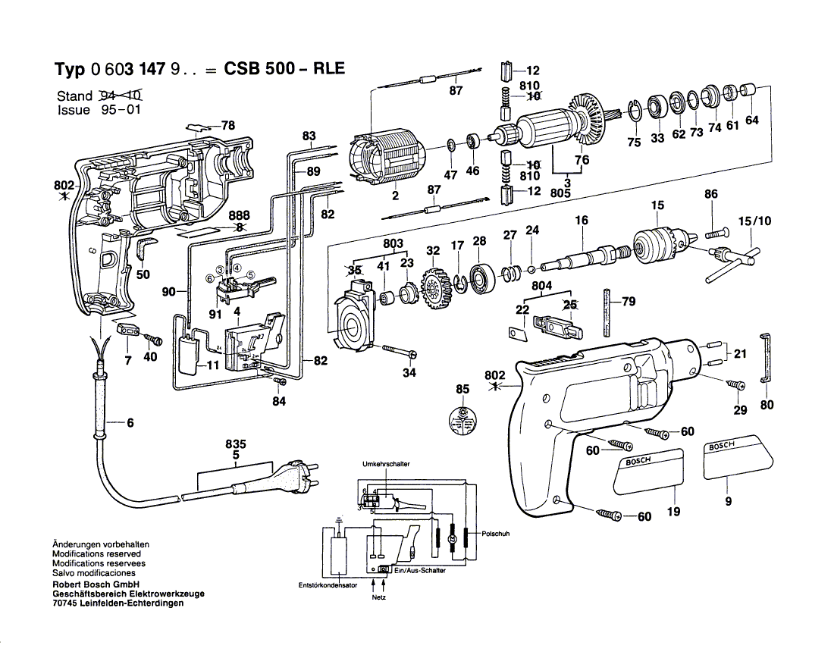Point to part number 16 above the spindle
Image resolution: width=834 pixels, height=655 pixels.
(582, 221)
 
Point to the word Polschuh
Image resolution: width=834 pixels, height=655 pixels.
(494, 534)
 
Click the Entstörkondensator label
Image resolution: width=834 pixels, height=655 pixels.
(328, 584)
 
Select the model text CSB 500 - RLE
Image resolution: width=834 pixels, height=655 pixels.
(284, 68)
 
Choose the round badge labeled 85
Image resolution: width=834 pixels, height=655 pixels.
(462, 421)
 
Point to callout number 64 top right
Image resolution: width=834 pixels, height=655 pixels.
(751, 120)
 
